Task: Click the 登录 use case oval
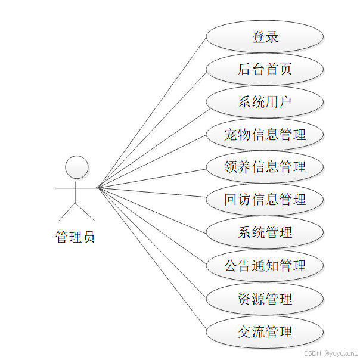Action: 265,37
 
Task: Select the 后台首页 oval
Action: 265,69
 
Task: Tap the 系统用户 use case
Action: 265,102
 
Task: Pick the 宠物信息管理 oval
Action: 265,135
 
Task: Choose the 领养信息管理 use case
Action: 265,167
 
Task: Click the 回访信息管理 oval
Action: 265,200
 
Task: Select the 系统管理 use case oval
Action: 265,232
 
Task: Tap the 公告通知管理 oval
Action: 265,265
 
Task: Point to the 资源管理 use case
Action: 265,298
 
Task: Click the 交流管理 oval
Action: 265,331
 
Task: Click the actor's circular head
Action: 76,167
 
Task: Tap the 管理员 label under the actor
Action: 75,237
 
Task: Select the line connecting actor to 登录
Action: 152,112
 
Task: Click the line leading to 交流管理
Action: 152,259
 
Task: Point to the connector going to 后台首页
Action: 152,128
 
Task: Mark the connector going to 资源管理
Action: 152,243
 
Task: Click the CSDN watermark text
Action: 312,353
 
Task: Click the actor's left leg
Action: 67,212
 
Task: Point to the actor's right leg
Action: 85,212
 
